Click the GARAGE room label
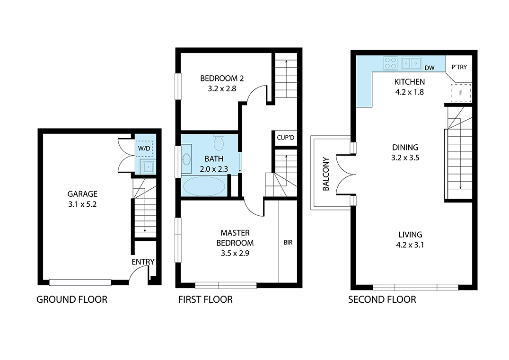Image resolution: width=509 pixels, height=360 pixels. pyautogui.click(x=82, y=194)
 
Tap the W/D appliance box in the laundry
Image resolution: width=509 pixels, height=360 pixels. pyautogui.click(x=144, y=149)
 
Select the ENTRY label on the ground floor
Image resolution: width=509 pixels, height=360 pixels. pyautogui.click(x=143, y=262)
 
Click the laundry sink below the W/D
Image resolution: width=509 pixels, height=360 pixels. pyautogui.click(x=148, y=167)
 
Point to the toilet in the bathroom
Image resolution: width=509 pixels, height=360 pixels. pyautogui.click(x=219, y=142)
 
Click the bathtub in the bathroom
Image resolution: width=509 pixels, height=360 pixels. pyautogui.click(x=204, y=186)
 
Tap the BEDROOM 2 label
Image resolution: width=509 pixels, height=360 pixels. pyautogui.click(x=222, y=78)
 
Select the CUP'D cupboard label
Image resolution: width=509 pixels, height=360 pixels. pyautogui.click(x=286, y=138)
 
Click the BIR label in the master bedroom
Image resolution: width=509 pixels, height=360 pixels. pyautogui.click(x=288, y=243)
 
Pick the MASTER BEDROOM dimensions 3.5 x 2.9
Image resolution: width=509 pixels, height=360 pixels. pyautogui.click(x=235, y=253)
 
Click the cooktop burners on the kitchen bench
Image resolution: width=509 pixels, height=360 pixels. pyautogui.click(x=391, y=63)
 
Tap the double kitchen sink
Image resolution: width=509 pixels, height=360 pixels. pyautogui.click(x=411, y=63)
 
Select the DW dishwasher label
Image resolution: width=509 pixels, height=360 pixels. pyautogui.click(x=430, y=68)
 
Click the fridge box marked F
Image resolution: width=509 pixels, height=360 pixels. pyautogui.click(x=461, y=93)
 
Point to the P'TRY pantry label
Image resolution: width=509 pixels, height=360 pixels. pyautogui.click(x=459, y=67)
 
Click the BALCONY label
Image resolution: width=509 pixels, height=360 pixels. pyautogui.click(x=326, y=174)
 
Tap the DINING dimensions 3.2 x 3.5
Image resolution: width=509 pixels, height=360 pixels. pyautogui.click(x=405, y=158)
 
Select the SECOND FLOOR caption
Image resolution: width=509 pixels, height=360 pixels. pyautogui.click(x=382, y=299)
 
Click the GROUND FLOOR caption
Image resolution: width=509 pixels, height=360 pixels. pyautogui.click(x=72, y=299)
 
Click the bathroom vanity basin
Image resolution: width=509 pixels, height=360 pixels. pyautogui.click(x=186, y=159)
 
